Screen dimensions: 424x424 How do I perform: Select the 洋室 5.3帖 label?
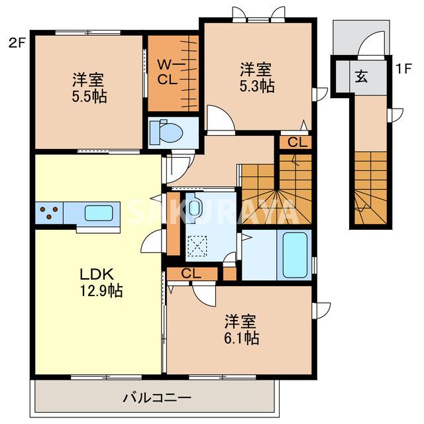pos(256,76)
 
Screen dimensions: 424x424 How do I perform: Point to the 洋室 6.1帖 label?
pos(240,329)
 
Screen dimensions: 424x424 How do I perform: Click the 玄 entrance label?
pos(360,76)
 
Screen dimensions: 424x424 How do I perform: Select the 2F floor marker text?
pos(17,44)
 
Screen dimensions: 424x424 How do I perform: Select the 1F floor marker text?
pos(403,68)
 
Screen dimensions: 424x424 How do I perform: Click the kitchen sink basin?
pos(98,213)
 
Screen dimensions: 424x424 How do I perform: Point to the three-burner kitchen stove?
pos(49,213)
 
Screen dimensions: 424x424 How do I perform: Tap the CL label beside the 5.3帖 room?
pos(296,141)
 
